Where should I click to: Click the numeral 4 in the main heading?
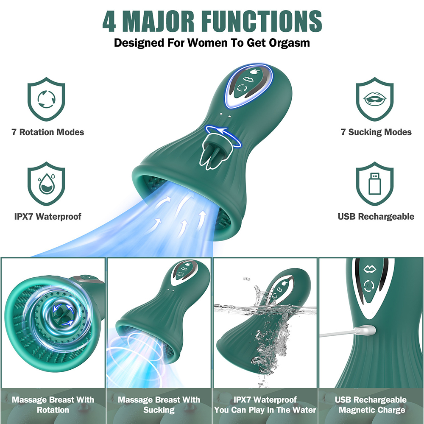[109, 21]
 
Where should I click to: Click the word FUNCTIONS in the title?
[262, 21]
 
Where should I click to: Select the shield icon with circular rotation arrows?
[46, 99]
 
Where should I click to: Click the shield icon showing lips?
[374, 99]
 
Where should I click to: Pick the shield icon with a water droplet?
[46, 184]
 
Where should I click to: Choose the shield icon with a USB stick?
[374, 184]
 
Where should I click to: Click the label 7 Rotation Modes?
[48, 132]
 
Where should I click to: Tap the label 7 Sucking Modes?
[376, 132]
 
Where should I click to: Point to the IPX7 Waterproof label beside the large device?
[47, 217]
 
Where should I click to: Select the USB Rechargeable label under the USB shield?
[376, 217]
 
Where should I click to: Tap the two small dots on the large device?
[226, 115]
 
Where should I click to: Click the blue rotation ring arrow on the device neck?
[223, 135]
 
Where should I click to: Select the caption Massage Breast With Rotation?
[53, 405]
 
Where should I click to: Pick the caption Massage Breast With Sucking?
[159, 405]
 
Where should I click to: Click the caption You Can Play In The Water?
[265, 410]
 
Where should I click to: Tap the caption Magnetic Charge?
[372, 410]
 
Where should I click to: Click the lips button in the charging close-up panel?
[370, 269]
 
